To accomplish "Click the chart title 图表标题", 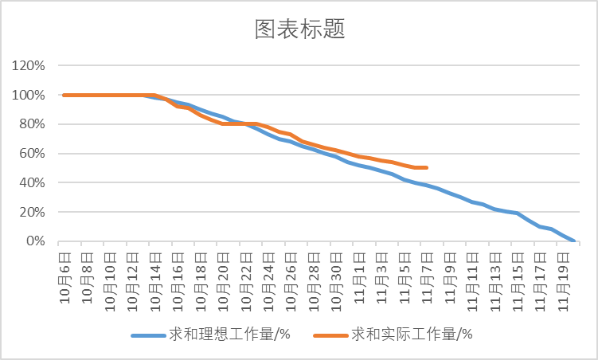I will (299, 29).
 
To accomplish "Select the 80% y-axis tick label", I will (30, 124).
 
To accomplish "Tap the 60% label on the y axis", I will (30, 154).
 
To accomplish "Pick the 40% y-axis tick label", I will (30, 182).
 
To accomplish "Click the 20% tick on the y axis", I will (30, 212).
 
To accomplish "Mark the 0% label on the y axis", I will (33, 241).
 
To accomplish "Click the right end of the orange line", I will (427, 167).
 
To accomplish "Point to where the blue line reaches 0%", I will (573, 241).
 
